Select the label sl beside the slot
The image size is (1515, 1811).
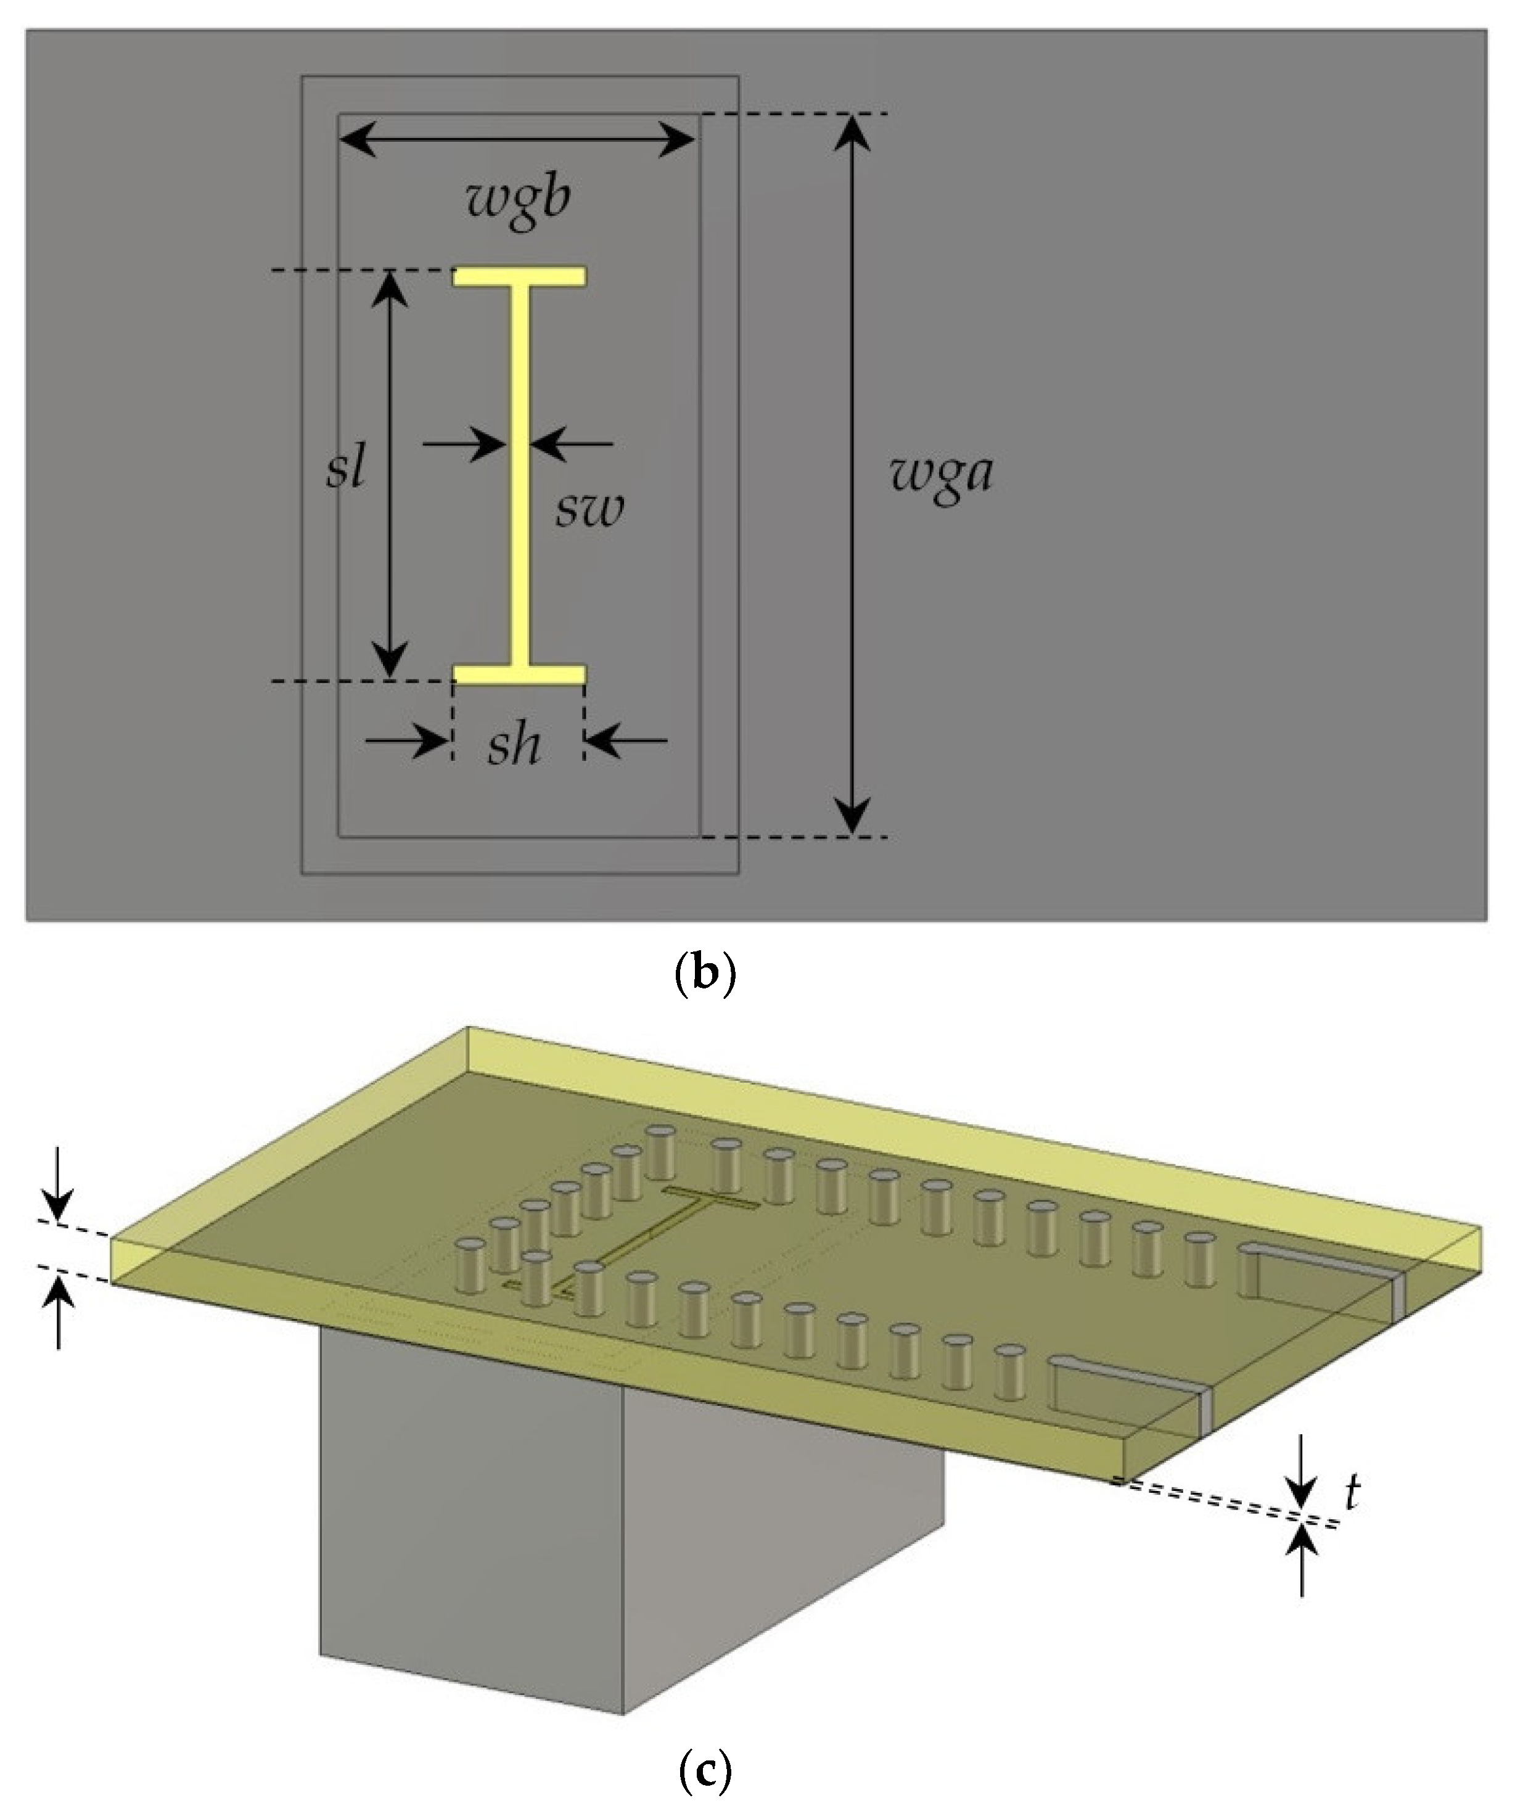[x=347, y=470]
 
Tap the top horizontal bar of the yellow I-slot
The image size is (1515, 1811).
[x=521, y=276]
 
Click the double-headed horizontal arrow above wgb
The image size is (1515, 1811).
[x=517, y=138]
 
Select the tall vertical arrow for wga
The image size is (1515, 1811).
[x=853, y=474]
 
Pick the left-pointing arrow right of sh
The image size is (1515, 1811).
[x=627, y=741]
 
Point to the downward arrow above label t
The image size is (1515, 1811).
[x=1302, y=1479]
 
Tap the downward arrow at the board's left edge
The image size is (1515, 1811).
[x=58, y=1186]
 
